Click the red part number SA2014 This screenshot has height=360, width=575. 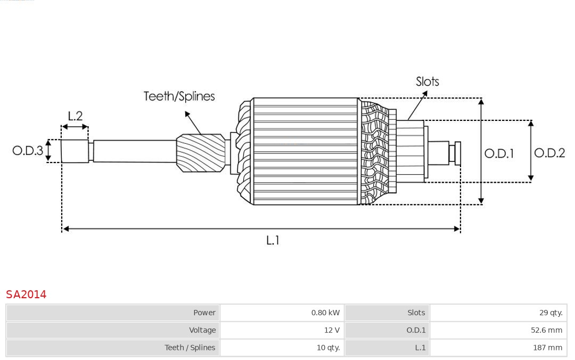pyautogui.click(x=26, y=294)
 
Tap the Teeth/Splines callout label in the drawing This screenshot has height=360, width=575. pyautogui.click(x=179, y=96)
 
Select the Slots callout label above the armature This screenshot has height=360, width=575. pyautogui.click(x=427, y=81)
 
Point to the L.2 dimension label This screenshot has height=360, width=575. pyautogui.click(x=75, y=116)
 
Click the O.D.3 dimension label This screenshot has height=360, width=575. pyautogui.click(x=28, y=151)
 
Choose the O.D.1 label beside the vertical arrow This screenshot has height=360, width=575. pyautogui.click(x=499, y=153)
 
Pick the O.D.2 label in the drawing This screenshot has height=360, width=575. pyautogui.click(x=549, y=153)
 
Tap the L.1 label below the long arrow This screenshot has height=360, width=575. pyautogui.click(x=273, y=241)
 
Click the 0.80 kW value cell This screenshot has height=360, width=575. pyautogui.click(x=325, y=313)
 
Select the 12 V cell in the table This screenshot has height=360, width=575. pyautogui.click(x=332, y=330)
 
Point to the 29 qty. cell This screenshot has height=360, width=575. pyautogui.click(x=551, y=313)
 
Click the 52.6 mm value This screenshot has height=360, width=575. pyautogui.click(x=546, y=330)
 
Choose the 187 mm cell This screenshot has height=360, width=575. pyautogui.click(x=547, y=348)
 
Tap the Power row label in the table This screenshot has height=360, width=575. pyautogui.click(x=204, y=313)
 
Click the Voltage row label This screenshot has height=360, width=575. pyautogui.click(x=202, y=330)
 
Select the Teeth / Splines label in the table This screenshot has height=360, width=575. pyautogui.click(x=190, y=348)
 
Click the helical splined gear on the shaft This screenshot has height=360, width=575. pyautogui.click(x=201, y=153)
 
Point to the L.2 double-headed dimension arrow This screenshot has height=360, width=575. pyautogui.click(x=75, y=127)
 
